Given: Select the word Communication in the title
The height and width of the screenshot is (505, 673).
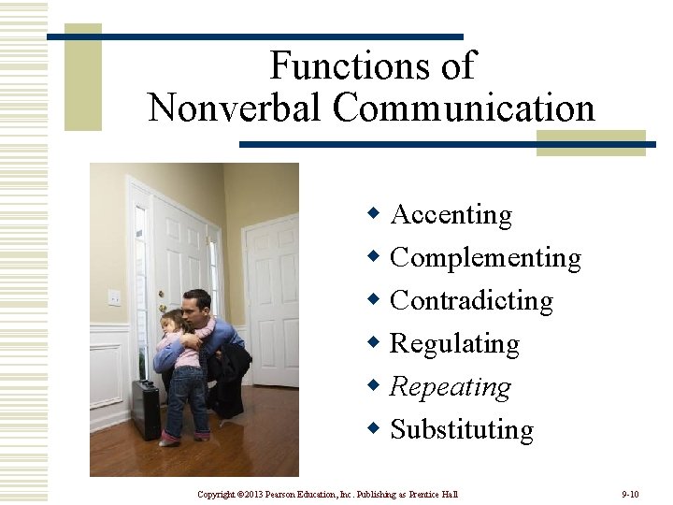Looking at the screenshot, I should (x=465, y=108).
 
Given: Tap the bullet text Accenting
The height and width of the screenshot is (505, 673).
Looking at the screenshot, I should (x=451, y=215).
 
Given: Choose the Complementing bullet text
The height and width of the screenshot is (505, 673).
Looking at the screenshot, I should (x=485, y=258).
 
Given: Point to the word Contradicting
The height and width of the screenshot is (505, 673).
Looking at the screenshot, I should (x=471, y=301).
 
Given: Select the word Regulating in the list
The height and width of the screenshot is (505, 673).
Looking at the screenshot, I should (x=454, y=344).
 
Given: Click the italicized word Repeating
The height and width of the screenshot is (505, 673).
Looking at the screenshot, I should (x=450, y=387).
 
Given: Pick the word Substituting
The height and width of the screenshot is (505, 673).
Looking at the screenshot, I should (x=462, y=430).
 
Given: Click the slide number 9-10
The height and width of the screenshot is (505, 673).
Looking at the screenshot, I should (x=629, y=494).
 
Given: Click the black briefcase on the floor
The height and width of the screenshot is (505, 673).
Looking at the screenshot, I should (x=145, y=409).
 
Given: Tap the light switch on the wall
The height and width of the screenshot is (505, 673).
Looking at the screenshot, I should (x=114, y=297).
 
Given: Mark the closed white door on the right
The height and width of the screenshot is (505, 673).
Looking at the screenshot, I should (x=272, y=299).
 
